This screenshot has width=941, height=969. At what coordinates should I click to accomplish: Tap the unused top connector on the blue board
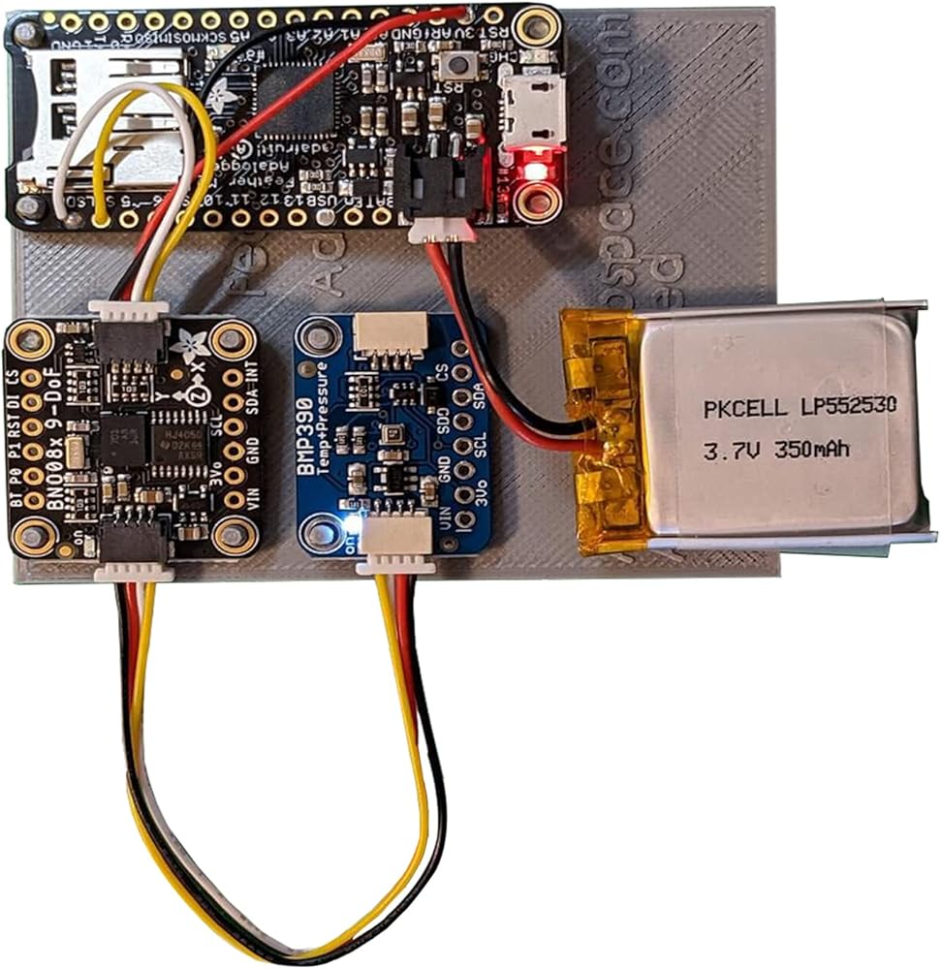coord(386,334)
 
